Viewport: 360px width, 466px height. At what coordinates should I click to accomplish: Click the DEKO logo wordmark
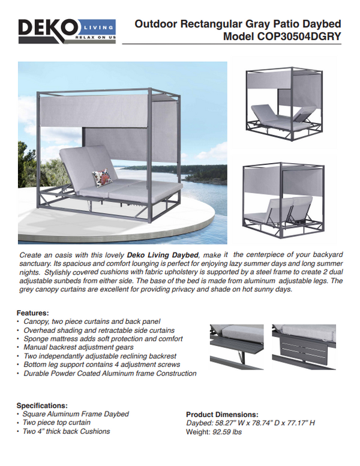coord(48,28)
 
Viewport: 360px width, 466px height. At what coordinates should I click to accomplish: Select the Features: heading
coord(32,313)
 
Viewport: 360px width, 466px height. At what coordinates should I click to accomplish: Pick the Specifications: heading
coord(42,405)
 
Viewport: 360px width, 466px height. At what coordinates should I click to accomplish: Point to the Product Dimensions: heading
coord(222,414)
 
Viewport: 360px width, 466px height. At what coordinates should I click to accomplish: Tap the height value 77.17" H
coord(299,423)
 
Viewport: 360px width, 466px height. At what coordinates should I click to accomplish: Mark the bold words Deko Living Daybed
coord(162,255)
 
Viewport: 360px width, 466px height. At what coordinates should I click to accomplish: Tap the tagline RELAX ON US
coord(95,37)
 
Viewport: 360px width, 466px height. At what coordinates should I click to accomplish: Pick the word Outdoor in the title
coord(155,23)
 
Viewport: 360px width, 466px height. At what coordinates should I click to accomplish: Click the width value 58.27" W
coord(230,423)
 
